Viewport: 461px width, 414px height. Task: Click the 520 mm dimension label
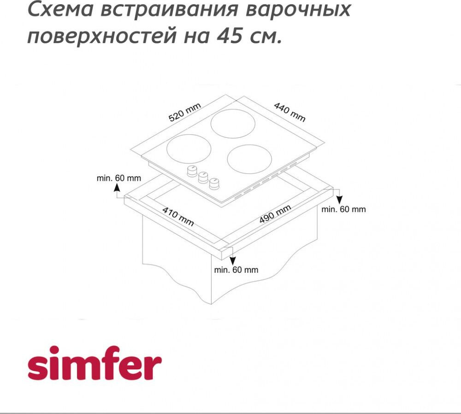pos(185,112)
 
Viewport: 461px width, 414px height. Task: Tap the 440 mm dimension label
pos(290,112)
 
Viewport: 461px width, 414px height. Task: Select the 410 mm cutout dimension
pos(178,217)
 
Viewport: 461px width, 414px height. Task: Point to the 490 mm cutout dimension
pos(275,214)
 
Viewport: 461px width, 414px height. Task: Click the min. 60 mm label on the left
pos(119,178)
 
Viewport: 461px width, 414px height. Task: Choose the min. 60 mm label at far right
pos(343,209)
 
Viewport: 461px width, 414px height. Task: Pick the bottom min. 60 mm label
pos(236,270)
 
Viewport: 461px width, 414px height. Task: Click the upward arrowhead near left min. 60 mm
pos(117,187)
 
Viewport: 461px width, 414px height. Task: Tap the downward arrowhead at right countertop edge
pos(339,200)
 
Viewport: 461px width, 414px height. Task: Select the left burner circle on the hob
pos(189,148)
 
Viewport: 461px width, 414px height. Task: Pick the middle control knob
pos(202,177)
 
